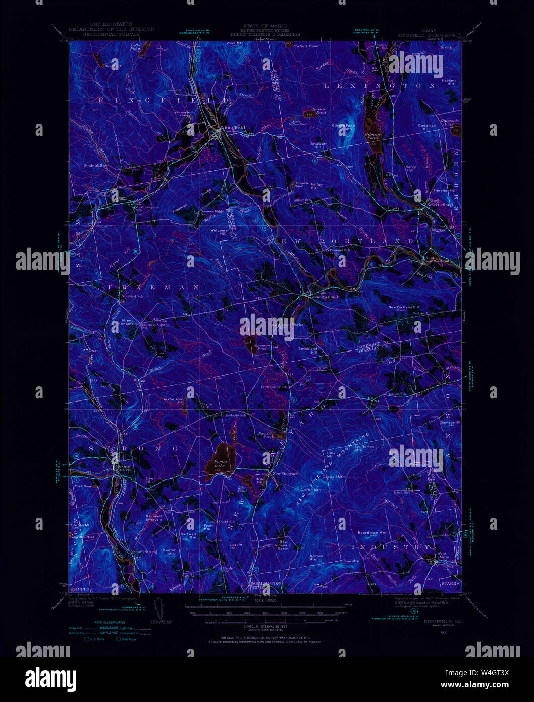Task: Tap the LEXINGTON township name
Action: [x=379, y=86]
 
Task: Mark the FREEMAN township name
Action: [x=153, y=287]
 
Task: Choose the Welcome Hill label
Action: [x=219, y=232]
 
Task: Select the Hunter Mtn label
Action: [x=169, y=552]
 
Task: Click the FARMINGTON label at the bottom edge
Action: [x=264, y=583]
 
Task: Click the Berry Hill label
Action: [x=410, y=169]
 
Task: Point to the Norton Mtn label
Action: [x=316, y=558]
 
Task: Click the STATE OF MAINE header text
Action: [x=264, y=26]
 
